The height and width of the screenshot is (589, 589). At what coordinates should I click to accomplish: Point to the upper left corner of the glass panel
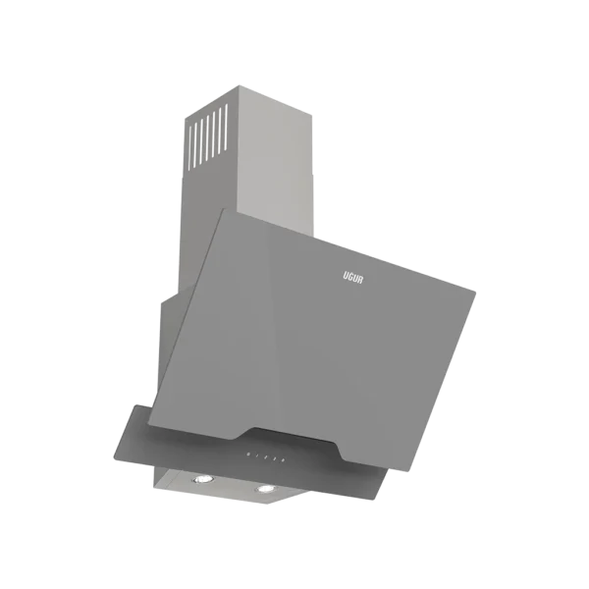tap(232, 208)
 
